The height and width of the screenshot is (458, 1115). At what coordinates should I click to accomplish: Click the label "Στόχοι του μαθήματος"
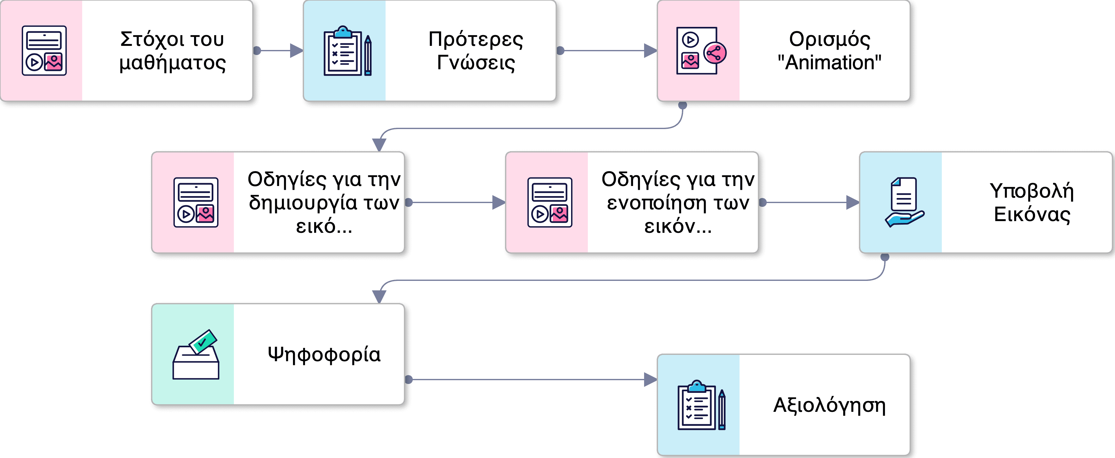[x=172, y=51]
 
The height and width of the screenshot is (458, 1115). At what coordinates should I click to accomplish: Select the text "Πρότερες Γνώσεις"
[x=476, y=51]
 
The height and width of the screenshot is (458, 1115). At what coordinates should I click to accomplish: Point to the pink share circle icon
[x=715, y=53]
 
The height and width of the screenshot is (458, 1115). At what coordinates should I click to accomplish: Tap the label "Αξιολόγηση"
[x=829, y=405]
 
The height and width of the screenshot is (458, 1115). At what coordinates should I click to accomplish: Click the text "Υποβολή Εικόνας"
[x=1032, y=202]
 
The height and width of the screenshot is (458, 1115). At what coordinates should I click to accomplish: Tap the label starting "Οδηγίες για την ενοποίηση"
[x=678, y=202]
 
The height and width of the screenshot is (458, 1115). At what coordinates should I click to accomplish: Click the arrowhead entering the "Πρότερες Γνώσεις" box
[x=296, y=51]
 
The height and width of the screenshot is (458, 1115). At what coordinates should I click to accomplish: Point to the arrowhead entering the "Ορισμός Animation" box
[x=650, y=51]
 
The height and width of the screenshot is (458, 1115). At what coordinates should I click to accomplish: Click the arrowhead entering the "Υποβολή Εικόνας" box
[x=852, y=202]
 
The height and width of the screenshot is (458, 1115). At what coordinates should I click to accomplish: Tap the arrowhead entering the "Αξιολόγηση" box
[x=650, y=380]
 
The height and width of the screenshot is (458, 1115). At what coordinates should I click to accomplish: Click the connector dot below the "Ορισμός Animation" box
[x=683, y=105]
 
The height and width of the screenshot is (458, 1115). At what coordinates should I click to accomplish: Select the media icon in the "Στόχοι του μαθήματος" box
[x=44, y=51]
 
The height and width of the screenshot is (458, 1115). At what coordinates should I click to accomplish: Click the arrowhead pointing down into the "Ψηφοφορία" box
[x=379, y=296]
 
